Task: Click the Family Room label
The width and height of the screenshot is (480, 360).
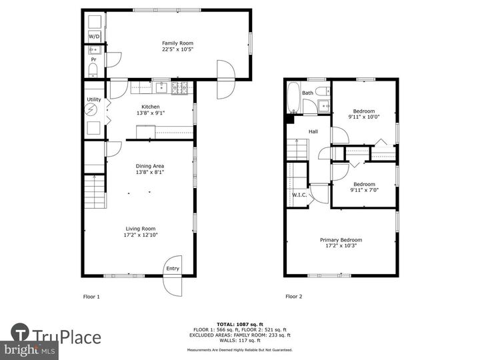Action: point(173,43)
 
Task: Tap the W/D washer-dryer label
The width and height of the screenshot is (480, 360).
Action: point(94,37)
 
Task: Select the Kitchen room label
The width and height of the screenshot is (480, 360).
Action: point(150,107)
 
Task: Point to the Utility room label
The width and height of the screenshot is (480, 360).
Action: point(93,99)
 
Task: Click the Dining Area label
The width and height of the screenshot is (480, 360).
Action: point(150,166)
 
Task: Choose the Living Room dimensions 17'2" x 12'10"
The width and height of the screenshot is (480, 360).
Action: point(141,235)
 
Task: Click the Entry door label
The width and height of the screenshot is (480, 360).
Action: point(173,269)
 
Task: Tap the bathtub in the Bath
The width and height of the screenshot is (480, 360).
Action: point(294,98)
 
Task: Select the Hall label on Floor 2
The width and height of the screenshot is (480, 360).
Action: point(313,131)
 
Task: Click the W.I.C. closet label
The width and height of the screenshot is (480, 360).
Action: point(299,195)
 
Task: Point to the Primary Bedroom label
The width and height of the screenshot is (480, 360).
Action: point(341,240)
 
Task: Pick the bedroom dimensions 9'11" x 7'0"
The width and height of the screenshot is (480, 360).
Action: point(364,191)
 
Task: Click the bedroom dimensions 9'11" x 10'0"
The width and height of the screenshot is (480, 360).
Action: point(364,117)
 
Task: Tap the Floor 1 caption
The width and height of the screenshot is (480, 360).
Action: point(91,297)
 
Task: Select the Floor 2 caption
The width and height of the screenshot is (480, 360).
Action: point(294,297)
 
